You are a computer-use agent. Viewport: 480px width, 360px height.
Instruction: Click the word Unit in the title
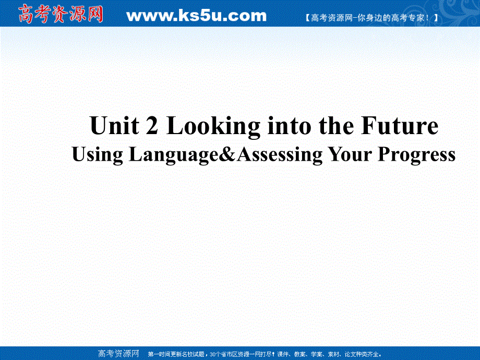coord(107,126)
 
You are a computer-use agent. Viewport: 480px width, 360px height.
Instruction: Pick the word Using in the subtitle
coord(97,155)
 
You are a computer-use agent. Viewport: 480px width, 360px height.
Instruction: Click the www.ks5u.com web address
coord(196,16)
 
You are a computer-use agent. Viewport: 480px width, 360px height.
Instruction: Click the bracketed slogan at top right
coord(370,18)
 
